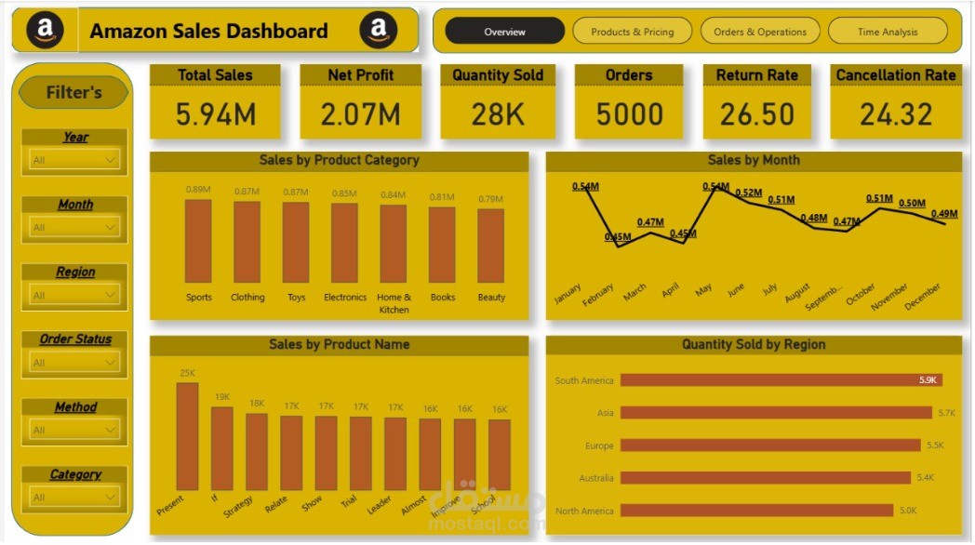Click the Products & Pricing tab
(633, 32)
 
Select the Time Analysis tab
(888, 32)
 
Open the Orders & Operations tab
(760, 32)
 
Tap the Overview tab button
(505, 32)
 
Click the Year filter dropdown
(74, 160)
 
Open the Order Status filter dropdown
(74, 363)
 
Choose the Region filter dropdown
(74, 296)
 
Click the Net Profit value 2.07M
(361, 114)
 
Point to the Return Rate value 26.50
(757, 114)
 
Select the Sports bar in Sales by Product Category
(198, 241)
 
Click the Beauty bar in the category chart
(490, 246)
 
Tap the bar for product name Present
(187, 436)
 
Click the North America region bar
(756, 511)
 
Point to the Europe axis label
(599, 445)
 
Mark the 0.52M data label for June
(749, 193)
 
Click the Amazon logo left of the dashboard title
(45, 31)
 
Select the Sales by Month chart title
(754, 160)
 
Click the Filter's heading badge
(74, 92)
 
